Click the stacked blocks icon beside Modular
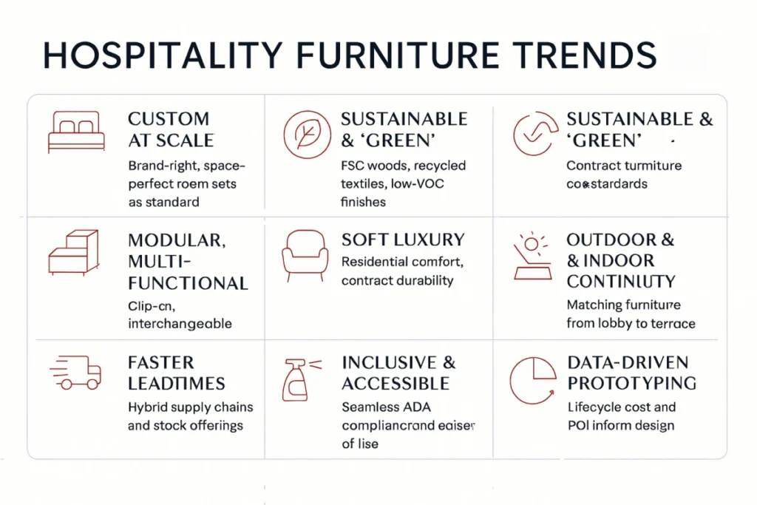point(74,253)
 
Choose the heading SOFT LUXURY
point(403,240)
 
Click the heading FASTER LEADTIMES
point(177,373)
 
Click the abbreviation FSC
point(354,166)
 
